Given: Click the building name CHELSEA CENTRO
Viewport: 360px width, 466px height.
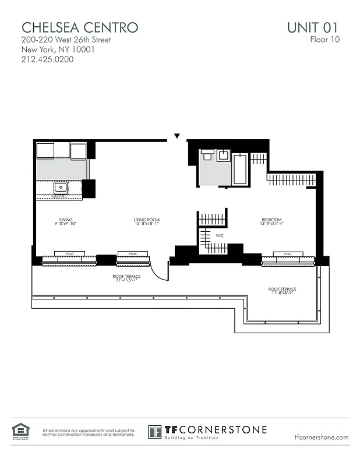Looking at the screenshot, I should pos(80,27).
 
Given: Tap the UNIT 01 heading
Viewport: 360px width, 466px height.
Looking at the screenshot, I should pos(312,27).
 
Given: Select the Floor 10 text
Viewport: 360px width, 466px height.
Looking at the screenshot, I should pos(324,40).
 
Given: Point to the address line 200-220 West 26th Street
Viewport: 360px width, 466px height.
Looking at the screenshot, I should pos(66,40).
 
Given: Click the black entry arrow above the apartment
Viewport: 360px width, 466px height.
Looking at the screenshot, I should pos(177,136).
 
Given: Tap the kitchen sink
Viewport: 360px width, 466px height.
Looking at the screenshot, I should pos(59,188).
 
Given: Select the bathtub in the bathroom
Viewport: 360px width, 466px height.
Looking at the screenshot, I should pos(240,169).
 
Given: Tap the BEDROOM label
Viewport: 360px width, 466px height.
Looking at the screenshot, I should pos(271,220).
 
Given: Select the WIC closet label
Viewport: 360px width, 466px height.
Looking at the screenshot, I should pos(220,236).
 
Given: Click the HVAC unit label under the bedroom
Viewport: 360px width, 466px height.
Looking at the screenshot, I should pos(287,254).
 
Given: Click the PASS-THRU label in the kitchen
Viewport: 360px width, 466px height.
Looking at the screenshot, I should pos(59,197).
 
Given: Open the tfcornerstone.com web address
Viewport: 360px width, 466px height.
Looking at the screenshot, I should pos(322,437).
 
